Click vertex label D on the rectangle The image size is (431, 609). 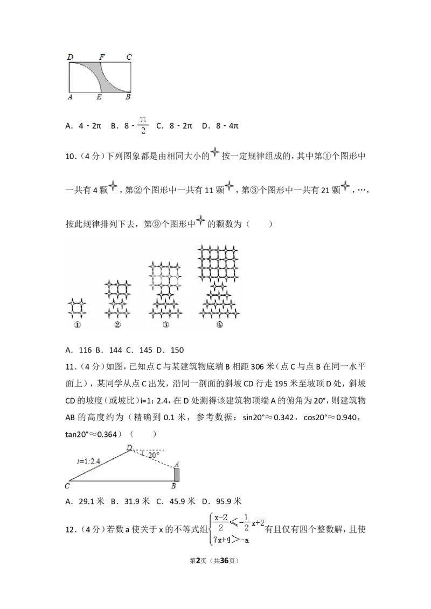tap(69, 56)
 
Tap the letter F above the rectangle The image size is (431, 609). tap(101, 56)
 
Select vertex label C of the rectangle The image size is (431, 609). tap(129, 56)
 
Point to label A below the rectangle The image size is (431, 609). tap(69, 97)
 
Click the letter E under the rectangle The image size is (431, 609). tap(99, 97)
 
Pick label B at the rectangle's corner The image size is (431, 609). tap(128, 97)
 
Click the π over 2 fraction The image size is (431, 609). tap(143, 124)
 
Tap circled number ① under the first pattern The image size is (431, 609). tap(77, 325)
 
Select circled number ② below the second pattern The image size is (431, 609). tap(117, 325)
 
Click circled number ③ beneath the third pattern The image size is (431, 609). tap(165, 325)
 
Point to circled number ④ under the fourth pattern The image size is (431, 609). tap(219, 325)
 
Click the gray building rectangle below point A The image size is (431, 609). tap(176, 475)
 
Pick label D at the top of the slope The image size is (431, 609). tap(129, 447)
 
